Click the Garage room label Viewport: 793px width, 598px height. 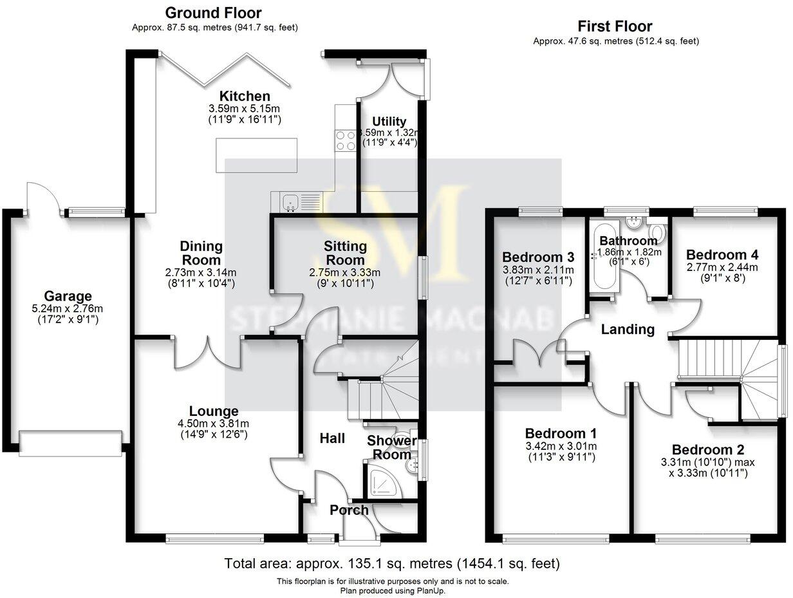pyautogui.click(x=68, y=297)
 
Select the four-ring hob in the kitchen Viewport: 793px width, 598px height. pyautogui.click(x=345, y=140)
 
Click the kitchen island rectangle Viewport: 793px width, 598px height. pyautogui.click(x=256, y=156)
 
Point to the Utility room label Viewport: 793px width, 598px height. pyautogui.click(x=389, y=122)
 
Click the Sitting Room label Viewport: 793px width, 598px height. pyautogui.click(x=345, y=253)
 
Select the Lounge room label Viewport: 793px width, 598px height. pyautogui.click(x=214, y=411)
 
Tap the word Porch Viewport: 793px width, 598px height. pyautogui.click(x=349, y=510)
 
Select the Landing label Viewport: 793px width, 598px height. pyautogui.click(x=628, y=330)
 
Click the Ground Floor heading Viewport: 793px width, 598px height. pyautogui.click(x=214, y=13)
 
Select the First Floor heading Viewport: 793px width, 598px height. pyautogui.click(x=615, y=26)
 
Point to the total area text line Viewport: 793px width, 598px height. pyautogui.click(x=392, y=564)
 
